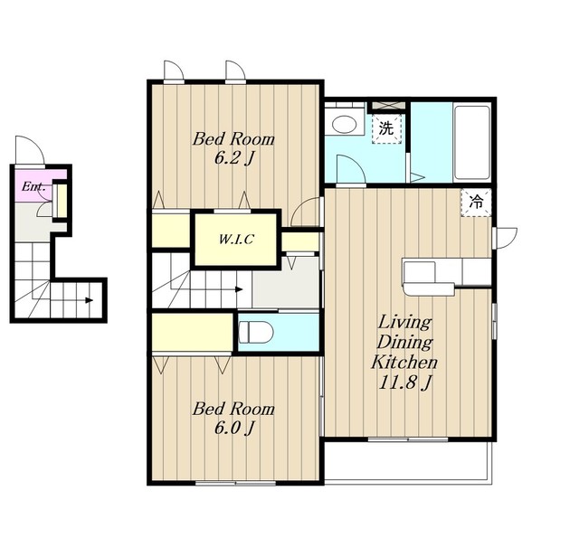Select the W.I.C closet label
(x=236, y=240)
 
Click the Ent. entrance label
(x=33, y=186)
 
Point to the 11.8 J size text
(x=405, y=382)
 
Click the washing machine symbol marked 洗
(x=386, y=128)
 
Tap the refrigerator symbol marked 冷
(x=476, y=202)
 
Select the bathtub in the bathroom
(x=472, y=143)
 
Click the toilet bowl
(x=255, y=332)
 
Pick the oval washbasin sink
(x=344, y=125)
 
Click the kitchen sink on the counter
(x=420, y=273)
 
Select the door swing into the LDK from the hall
(x=306, y=212)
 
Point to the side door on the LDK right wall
(x=505, y=238)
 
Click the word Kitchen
(x=404, y=362)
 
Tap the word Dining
(x=404, y=342)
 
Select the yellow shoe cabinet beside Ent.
(x=61, y=201)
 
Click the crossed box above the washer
(x=388, y=106)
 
